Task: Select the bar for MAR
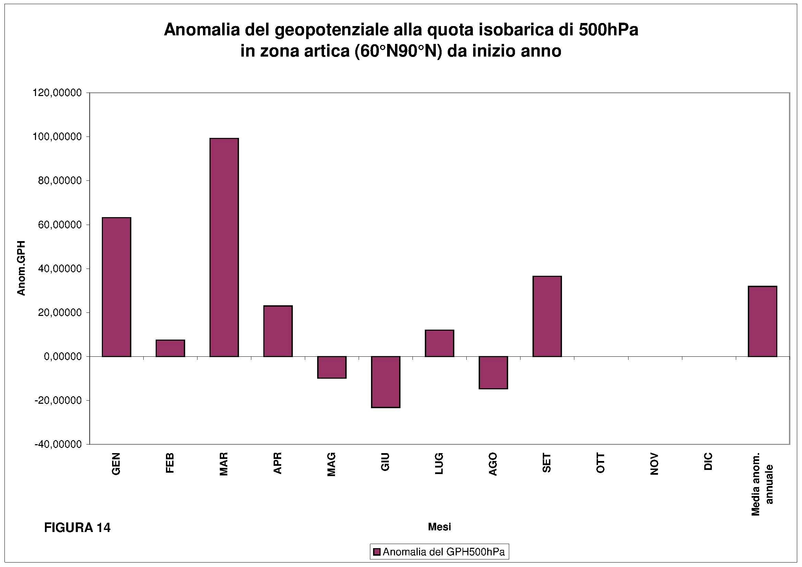click(224, 247)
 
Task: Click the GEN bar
click(116, 287)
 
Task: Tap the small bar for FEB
click(170, 348)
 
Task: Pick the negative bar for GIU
click(386, 382)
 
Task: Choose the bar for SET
click(547, 316)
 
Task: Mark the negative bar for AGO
click(493, 373)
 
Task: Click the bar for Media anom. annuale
click(762, 321)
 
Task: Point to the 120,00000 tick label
click(57, 93)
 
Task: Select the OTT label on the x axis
click(600, 463)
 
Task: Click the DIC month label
click(708, 462)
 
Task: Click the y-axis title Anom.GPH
click(22, 268)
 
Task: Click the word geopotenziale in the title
click(331, 30)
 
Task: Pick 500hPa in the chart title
click(608, 30)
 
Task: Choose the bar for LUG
click(440, 343)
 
